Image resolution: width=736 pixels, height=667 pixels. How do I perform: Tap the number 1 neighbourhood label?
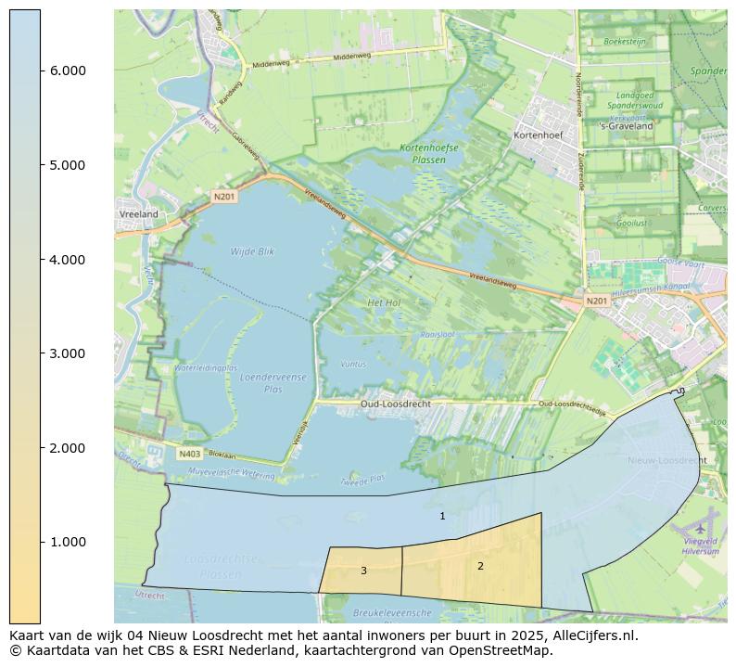point(442,516)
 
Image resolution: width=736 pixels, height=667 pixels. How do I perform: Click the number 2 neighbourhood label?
point(480,566)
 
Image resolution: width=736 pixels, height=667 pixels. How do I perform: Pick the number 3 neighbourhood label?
point(363,571)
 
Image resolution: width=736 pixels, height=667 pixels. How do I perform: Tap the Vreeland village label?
point(139,214)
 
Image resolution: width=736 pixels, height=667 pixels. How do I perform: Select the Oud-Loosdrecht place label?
point(395,404)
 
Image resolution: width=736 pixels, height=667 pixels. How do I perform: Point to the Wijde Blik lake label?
point(252,251)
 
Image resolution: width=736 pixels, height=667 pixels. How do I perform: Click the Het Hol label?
point(383,303)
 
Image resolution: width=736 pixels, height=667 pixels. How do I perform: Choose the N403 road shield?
point(189,454)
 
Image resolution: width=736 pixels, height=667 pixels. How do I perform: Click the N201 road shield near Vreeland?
point(224,196)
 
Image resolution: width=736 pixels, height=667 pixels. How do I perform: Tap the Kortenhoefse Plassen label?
point(428,154)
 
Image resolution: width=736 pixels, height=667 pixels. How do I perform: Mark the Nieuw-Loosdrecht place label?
point(666,460)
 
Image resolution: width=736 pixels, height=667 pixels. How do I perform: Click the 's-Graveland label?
point(626,126)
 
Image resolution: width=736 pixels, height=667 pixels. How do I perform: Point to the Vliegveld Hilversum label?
point(701,545)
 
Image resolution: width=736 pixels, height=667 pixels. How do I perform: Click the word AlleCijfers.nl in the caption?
point(590,636)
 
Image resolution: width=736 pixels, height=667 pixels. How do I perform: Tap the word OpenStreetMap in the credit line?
point(503,650)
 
